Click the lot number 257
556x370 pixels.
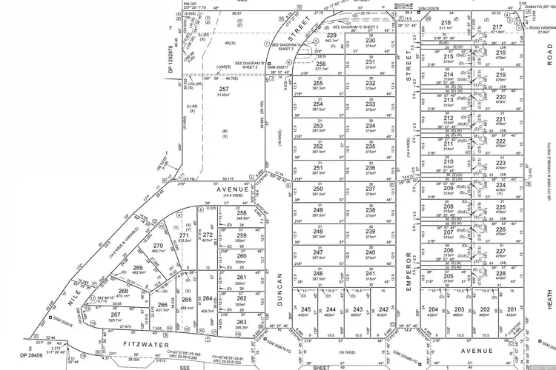point(224,89)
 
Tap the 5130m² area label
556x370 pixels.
point(224,95)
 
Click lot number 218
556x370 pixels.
point(446,23)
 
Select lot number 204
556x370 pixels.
point(434,309)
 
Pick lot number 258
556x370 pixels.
point(242,213)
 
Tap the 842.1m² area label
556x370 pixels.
point(331,41)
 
